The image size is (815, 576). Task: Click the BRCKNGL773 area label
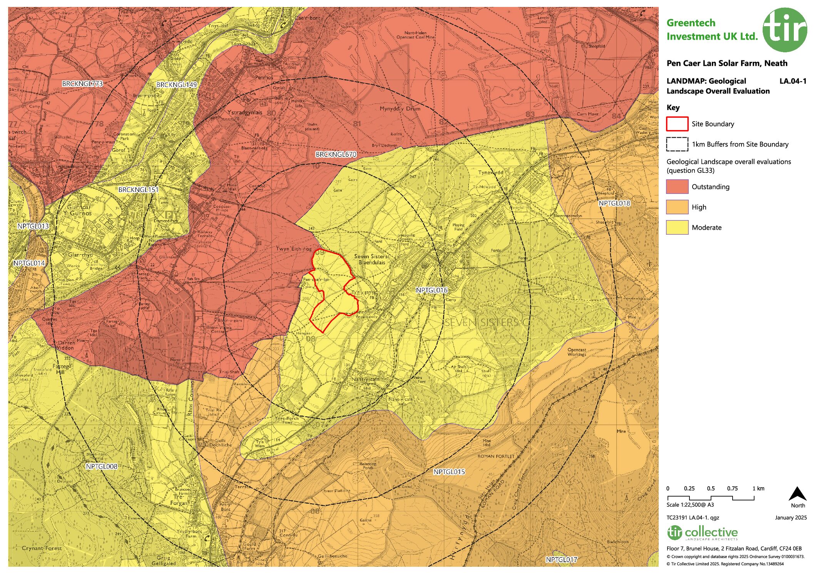[x=82, y=83]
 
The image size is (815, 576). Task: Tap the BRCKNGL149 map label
[x=177, y=85]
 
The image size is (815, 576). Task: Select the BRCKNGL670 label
[x=336, y=154]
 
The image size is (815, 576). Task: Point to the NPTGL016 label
[x=432, y=290]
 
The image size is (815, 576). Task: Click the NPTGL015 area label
[x=449, y=472]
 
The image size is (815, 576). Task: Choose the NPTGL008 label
[x=101, y=466]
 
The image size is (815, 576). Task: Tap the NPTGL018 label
[x=614, y=203]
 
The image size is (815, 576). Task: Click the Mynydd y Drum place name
[x=400, y=109]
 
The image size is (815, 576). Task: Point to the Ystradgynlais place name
[x=244, y=112]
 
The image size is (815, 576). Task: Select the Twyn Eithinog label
[x=294, y=249]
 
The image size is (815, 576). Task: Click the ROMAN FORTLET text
[x=496, y=456]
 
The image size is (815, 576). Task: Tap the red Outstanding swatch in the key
[x=677, y=187]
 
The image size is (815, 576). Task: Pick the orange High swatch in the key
[x=677, y=207]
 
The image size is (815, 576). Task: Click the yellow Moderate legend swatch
[x=677, y=227]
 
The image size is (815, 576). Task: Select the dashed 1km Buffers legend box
[x=677, y=144]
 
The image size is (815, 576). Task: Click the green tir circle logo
[x=785, y=30]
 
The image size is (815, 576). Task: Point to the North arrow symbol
[x=797, y=494]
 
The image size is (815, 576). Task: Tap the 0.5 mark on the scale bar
[x=711, y=489]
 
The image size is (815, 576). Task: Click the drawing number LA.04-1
[x=792, y=81]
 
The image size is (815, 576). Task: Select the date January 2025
[x=790, y=518]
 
